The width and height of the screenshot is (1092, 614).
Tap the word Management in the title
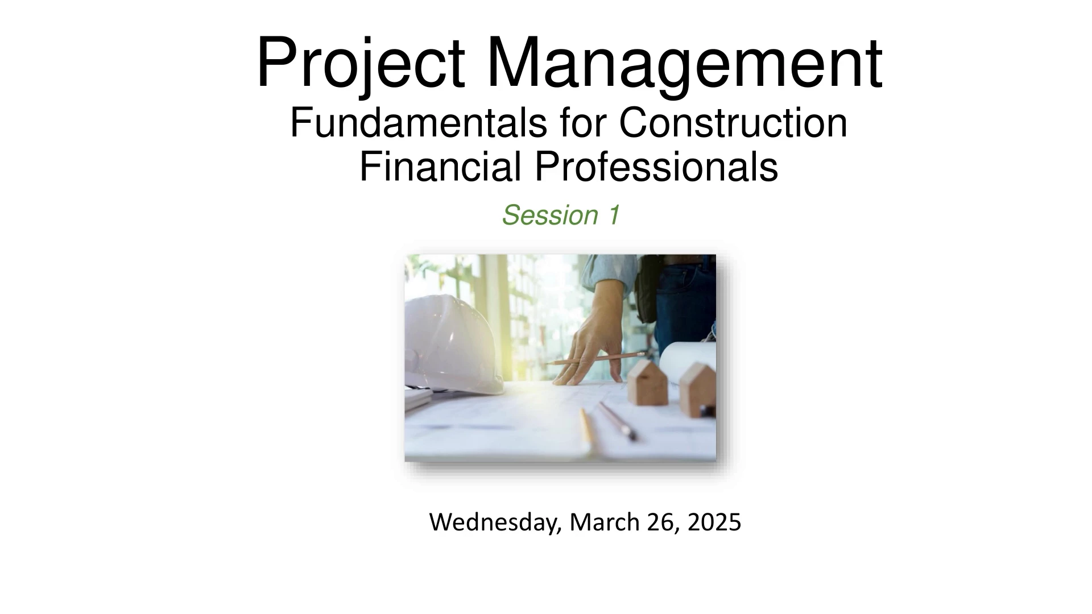click(x=684, y=64)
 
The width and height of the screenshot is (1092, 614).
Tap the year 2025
click(x=714, y=522)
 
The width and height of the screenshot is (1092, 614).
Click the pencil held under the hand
click(x=594, y=358)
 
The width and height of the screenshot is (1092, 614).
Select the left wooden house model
click(x=648, y=381)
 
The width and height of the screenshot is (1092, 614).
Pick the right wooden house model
click(x=698, y=389)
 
